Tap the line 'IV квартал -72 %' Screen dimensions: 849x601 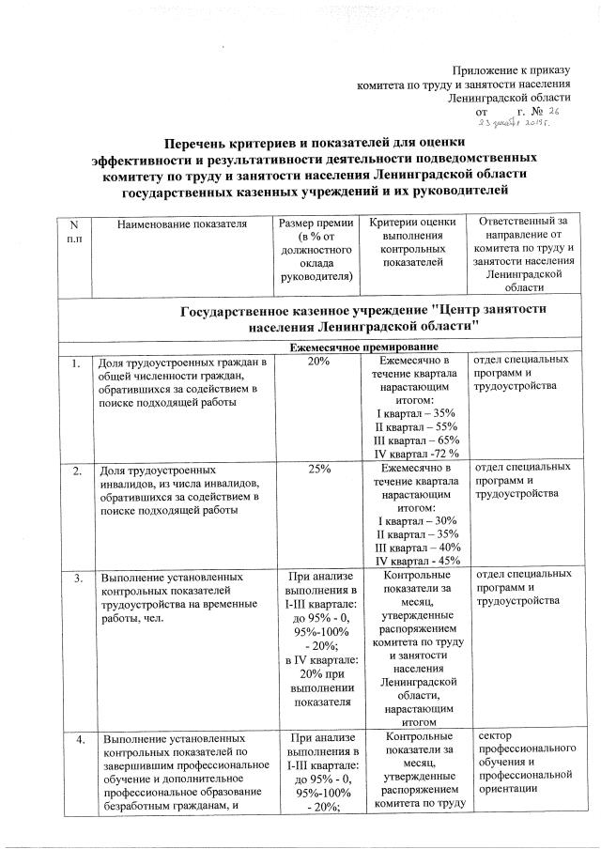413,454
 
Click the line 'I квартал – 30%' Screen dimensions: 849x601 413,520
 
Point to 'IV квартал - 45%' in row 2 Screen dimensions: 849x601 413,560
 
